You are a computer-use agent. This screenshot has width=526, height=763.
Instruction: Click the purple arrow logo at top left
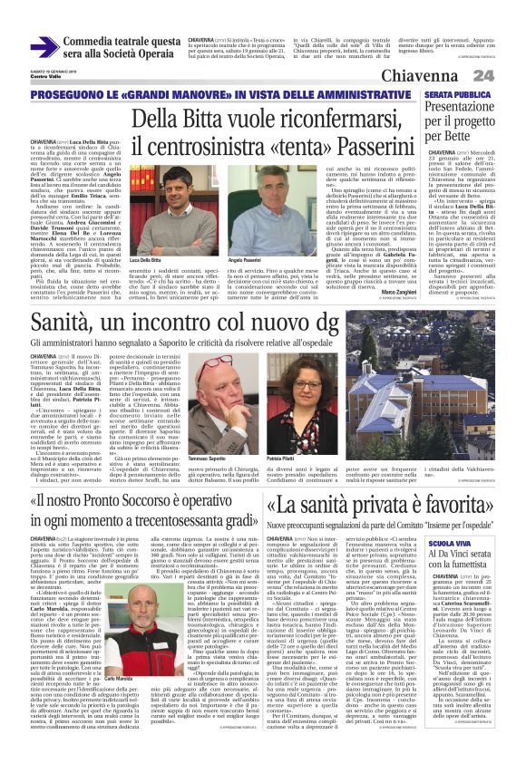(44, 47)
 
